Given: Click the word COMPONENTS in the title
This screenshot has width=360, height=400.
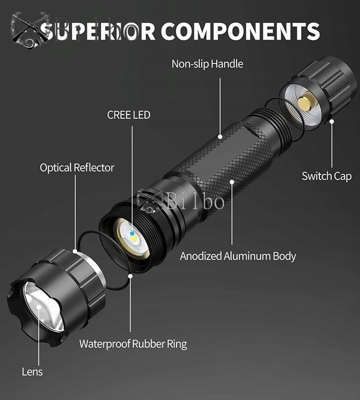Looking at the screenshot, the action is click(240, 31).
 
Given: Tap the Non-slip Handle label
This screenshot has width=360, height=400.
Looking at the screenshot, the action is click(207, 64).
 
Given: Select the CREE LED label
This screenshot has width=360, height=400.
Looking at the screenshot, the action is click(128, 115).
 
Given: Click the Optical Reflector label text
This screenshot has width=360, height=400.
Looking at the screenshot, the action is click(77, 168).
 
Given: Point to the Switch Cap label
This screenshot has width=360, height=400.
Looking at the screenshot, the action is click(327, 176).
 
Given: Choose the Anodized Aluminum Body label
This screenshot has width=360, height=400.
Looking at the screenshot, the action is click(238, 256).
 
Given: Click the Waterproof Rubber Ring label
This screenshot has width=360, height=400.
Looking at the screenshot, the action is click(133, 344).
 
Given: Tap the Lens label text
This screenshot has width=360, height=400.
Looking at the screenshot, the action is click(32, 372).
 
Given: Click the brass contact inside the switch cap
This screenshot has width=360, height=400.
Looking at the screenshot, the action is click(307, 101).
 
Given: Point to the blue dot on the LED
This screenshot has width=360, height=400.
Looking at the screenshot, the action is click(132, 233).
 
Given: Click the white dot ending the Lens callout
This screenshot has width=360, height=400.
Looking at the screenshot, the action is click(39, 307).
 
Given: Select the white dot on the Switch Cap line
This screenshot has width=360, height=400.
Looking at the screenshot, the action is click(332, 122).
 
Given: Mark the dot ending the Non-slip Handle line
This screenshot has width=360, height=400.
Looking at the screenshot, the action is click(220, 137).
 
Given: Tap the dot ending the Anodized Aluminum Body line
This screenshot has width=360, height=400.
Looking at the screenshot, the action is click(232, 182).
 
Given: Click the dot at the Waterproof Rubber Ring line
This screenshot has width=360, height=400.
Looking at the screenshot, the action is click(131, 276).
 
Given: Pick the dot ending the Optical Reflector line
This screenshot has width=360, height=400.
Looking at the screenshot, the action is click(75, 251).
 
